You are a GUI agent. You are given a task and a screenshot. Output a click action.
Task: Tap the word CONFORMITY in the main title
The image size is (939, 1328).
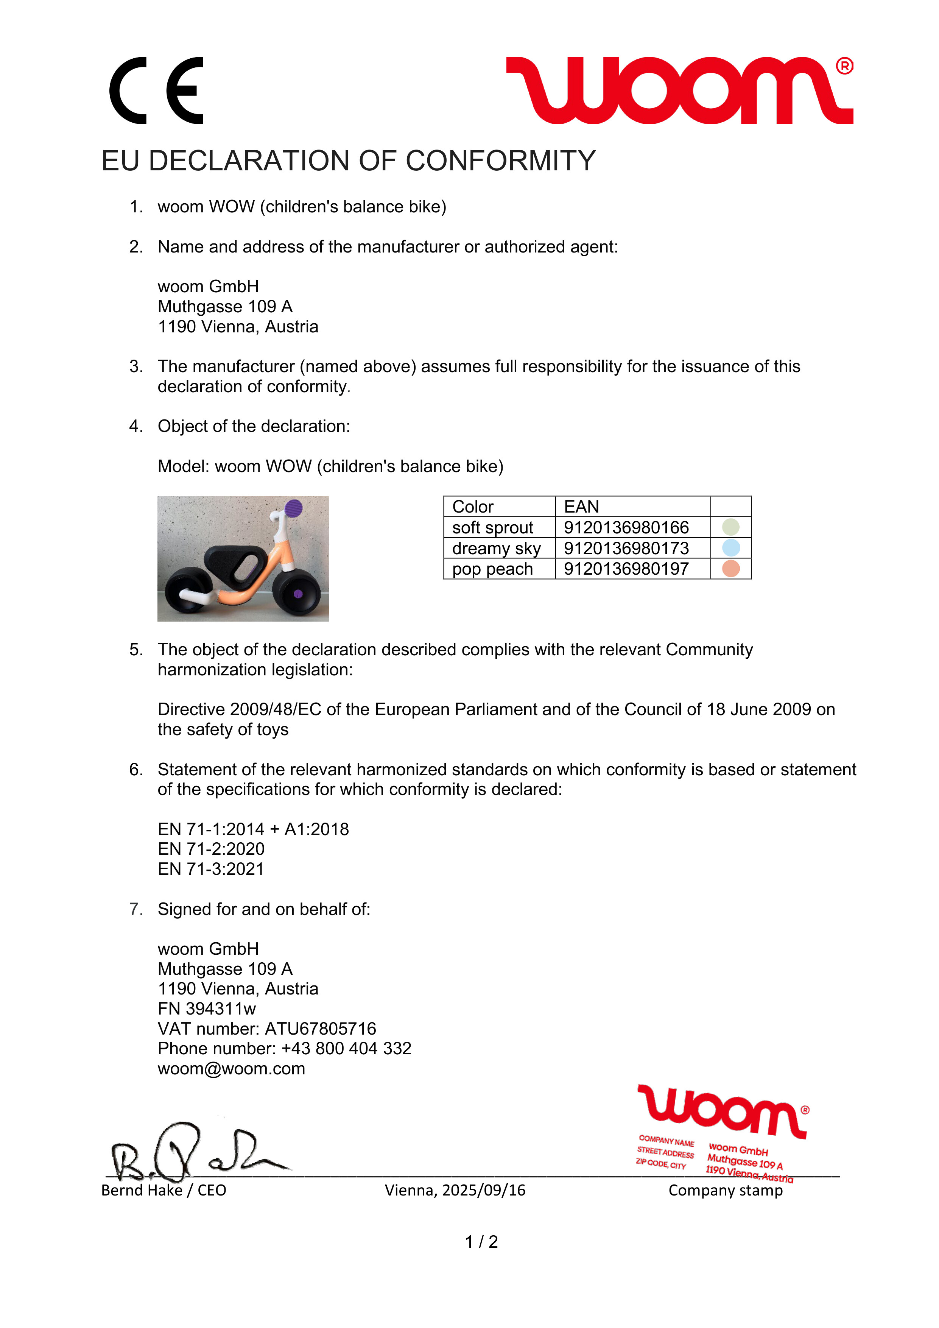pyautogui.click(x=500, y=161)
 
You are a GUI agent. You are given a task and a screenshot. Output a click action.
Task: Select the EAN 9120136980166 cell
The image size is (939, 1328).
pyautogui.click(x=626, y=527)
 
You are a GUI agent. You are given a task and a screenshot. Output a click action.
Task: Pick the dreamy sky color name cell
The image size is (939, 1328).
pyautogui.click(x=496, y=548)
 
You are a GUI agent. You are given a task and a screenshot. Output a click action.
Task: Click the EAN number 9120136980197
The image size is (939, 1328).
pyautogui.click(x=626, y=569)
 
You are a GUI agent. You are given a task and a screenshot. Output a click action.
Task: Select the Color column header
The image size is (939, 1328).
pyautogui.click(x=473, y=507)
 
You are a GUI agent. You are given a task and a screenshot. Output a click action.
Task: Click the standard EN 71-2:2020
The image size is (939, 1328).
pyautogui.click(x=211, y=849)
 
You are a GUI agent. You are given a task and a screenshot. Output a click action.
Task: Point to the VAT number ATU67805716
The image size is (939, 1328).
pyautogui.click(x=320, y=1029)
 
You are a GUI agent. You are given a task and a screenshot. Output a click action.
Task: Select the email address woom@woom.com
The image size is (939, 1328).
pyautogui.click(x=231, y=1069)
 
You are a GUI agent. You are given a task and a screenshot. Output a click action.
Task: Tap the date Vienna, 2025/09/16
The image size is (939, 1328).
pyautogui.click(x=455, y=1190)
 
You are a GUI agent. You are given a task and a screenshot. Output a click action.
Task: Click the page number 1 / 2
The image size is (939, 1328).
pyautogui.click(x=481, y=1242)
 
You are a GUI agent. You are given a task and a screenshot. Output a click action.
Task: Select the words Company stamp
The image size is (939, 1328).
pyautogui.click(x=725, y=1190)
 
